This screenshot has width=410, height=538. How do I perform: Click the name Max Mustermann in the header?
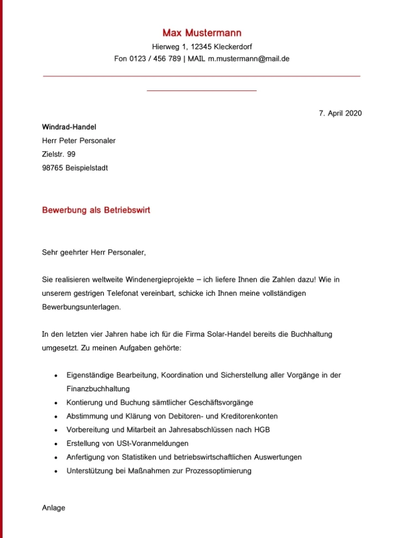coord(202,33)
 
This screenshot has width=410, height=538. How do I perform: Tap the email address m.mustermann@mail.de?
coord(249,59)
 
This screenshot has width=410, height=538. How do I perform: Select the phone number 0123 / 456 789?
coord(155,59)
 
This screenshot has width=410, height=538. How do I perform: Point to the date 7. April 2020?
coord(340,113)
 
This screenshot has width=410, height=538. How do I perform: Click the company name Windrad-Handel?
coord(69,127)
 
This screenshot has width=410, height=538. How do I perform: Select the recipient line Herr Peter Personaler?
coord(78,141)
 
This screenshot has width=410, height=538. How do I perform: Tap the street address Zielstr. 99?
coord(58,154)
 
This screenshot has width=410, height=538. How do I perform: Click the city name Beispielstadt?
coord(87,168)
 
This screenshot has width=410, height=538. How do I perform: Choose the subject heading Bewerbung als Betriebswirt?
coord(96,210)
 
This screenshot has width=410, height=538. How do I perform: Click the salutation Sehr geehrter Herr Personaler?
coord(94,252)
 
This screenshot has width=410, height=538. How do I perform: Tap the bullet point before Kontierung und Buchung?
coord(56,403)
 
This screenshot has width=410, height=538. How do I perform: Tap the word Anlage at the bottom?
coord(54,508)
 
